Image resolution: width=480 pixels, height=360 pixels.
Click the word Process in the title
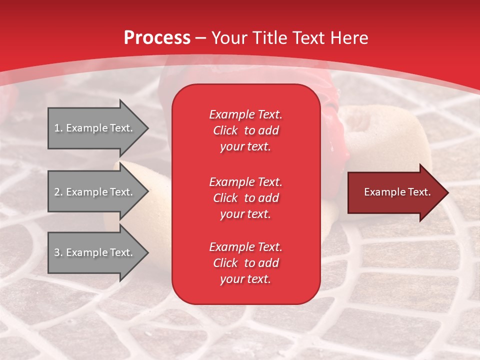click(157, 38)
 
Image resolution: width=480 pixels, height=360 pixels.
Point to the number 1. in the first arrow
click(58, 128)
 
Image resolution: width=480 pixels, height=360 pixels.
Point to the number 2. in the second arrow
click(58, 192)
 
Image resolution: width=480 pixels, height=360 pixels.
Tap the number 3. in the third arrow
click(58, 252)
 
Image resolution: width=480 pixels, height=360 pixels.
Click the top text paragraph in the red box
click(245, 130)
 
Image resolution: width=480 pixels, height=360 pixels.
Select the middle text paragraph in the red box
click(245, 198)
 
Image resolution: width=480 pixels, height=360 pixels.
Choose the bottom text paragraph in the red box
click(245, 263)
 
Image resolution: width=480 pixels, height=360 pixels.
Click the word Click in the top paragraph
click(225, 130)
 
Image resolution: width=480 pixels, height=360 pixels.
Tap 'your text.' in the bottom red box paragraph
click(245, 279)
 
